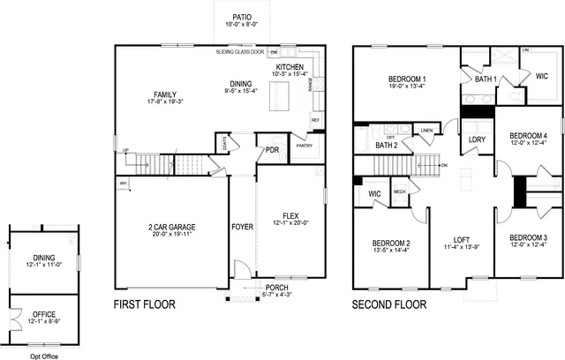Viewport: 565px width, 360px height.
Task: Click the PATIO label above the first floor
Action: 241,18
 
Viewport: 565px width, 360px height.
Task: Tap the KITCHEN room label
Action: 290,67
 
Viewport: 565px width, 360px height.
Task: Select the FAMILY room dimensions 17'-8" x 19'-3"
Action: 165,102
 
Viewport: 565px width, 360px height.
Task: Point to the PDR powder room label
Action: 272,150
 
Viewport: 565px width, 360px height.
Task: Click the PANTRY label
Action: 305,146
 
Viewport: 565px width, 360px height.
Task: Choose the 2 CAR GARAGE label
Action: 172,228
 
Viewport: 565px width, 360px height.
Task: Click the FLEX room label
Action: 290,215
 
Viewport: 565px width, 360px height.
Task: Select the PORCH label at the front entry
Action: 276,288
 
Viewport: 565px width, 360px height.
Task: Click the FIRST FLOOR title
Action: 144,304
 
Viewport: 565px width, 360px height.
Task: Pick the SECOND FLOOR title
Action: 388,304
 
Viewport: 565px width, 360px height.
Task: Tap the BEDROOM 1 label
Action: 407,79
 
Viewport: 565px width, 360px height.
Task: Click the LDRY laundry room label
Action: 478,139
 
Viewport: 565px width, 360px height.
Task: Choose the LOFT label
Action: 462,239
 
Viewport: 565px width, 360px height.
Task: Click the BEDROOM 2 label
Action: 391,243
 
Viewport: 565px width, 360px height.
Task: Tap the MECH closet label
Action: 399,191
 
